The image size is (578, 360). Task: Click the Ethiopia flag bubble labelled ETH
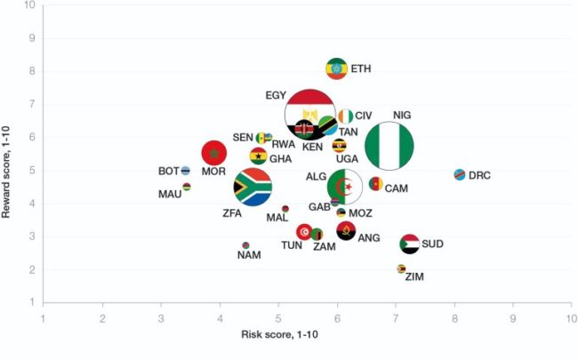[336, 68]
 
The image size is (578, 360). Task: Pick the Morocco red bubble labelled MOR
[213, 153]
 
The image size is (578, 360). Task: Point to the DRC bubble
[459, 175]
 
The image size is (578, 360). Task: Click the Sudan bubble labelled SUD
[409, 244]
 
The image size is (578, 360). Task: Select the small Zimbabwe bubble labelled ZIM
[401, 268]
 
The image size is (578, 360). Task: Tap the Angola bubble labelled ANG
[346, 231]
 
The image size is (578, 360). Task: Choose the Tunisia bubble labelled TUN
[304, 232]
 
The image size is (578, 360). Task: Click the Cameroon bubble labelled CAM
[376, 184]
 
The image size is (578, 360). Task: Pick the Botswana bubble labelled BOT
[186, 171]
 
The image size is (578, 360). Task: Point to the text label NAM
[248, 256]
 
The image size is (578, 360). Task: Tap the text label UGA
[347, 159]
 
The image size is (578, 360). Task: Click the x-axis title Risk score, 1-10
[281, 334]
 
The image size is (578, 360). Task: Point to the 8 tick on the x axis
[454, 316]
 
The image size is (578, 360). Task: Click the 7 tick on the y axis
[32, 105]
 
